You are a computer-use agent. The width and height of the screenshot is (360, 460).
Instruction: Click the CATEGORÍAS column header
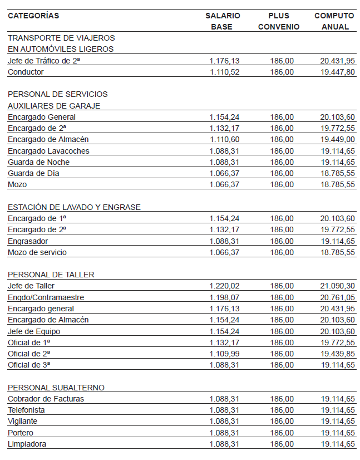point(33,16)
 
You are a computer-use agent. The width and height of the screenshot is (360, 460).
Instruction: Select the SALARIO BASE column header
point(223,21)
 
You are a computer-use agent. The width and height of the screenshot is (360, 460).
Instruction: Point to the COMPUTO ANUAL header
point(334,21)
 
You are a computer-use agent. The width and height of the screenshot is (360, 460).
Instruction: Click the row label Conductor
point(26,72)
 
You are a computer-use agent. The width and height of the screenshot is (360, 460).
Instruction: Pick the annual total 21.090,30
point(338,286)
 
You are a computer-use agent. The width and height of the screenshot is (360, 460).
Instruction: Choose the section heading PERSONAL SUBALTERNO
point(56,388)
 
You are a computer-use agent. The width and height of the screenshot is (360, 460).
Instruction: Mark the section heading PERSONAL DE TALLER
point(51,275)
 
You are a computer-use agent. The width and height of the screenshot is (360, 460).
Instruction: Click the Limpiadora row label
point(27,444)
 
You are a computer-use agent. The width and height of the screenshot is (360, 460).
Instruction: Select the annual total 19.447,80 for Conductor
point(338,72)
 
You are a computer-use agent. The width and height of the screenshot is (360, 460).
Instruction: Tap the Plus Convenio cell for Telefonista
point(282,410)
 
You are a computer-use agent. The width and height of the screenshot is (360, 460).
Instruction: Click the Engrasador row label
point(28,241)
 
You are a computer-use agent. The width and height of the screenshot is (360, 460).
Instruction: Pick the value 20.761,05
point(338,297)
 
